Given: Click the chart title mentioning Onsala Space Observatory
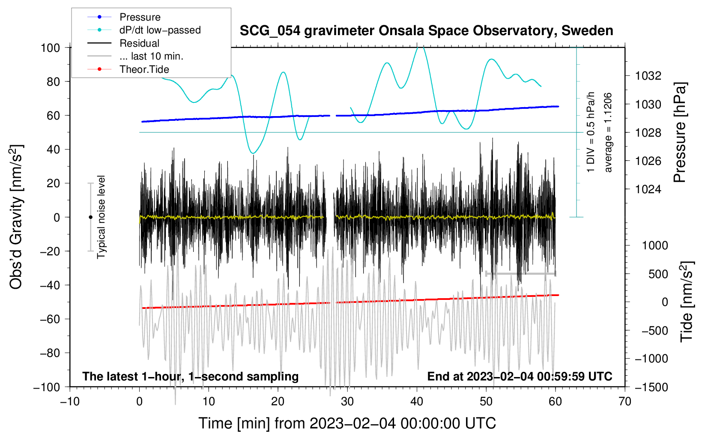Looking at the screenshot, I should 426,31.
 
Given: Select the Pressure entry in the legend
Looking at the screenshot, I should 140,17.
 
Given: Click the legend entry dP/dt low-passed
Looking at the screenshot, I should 160,30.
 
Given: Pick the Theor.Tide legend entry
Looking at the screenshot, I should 144,69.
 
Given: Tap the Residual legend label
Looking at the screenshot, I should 139,43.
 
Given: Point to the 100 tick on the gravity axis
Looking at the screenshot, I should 50,48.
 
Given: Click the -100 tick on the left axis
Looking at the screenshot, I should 47,387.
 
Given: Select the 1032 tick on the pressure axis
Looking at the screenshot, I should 648,76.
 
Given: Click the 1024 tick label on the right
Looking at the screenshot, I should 648,189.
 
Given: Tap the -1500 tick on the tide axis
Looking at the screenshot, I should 651,387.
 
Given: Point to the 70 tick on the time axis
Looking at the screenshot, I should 625,401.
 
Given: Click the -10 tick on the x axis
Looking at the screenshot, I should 70,401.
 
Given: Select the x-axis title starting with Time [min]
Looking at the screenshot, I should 347,423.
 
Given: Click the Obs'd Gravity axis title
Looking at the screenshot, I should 16,217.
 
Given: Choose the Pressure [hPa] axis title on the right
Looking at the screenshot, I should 680,133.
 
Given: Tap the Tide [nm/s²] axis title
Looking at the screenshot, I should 687,302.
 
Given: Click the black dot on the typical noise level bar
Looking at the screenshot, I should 90,217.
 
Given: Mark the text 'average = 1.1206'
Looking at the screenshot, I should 608,133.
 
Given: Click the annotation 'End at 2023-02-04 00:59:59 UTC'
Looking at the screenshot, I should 520,376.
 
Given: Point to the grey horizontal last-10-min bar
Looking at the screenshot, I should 520,273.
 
